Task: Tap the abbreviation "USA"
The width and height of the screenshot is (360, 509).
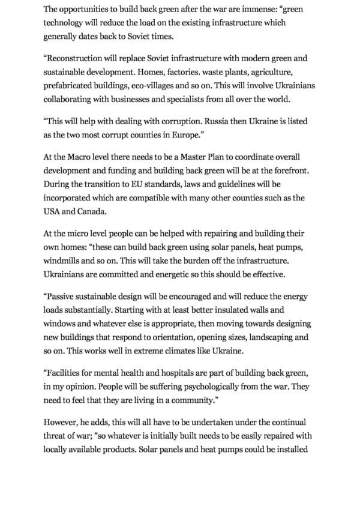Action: (53, 211)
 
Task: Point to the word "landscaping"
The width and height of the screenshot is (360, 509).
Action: (268, 337)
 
